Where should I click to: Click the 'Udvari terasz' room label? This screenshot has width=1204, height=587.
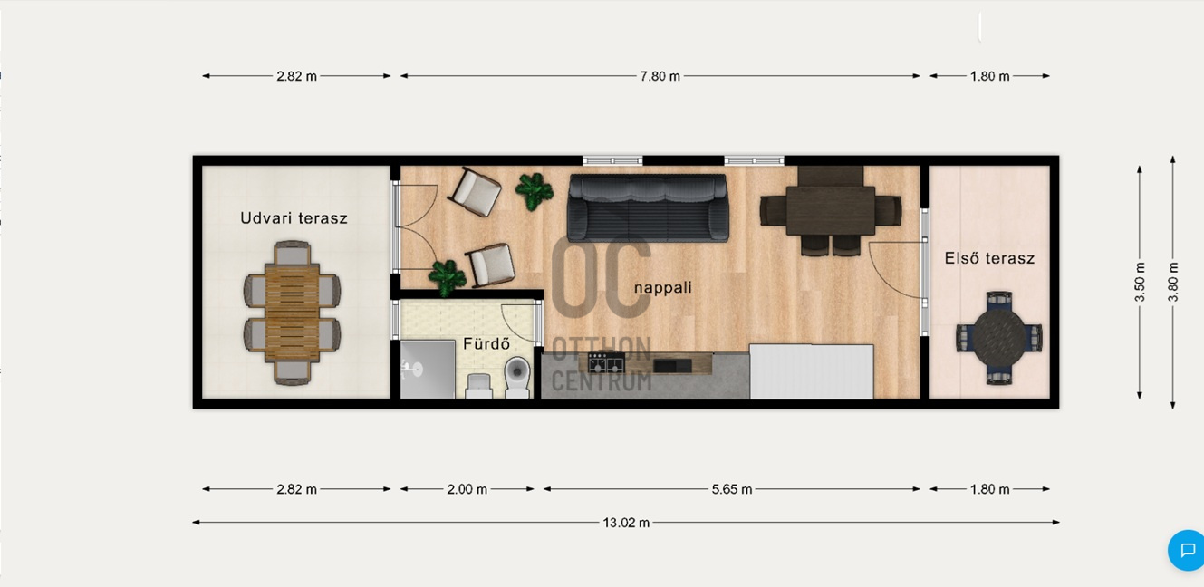pos(294,218)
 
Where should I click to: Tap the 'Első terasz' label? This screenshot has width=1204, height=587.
pos(989,258)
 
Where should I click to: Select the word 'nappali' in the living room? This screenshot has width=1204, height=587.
pos(663,288)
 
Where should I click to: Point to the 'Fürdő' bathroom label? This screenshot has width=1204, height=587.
pos(486,344)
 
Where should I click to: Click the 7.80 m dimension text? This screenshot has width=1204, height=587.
pos(660,76)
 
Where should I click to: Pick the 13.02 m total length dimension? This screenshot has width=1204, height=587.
pos(626,523)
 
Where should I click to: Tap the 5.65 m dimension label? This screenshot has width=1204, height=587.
pos(731,489)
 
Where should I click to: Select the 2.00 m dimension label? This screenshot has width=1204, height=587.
pos(467,489)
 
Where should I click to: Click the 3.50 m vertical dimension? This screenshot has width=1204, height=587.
pos(1140,282)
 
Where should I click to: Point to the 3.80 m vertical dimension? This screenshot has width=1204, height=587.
pos(1173,282)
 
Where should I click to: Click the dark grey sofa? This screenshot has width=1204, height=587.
pos(648,207)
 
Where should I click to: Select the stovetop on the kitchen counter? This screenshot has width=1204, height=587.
pos(606,363)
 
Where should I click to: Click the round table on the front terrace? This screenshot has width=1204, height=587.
pos(999,338)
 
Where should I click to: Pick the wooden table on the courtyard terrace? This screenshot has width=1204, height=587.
pos(293,313)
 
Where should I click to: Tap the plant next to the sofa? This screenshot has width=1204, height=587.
pos(534,191)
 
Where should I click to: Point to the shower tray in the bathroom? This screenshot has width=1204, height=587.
pos(428,370)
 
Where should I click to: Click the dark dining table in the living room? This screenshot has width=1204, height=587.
pos(831,210)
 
